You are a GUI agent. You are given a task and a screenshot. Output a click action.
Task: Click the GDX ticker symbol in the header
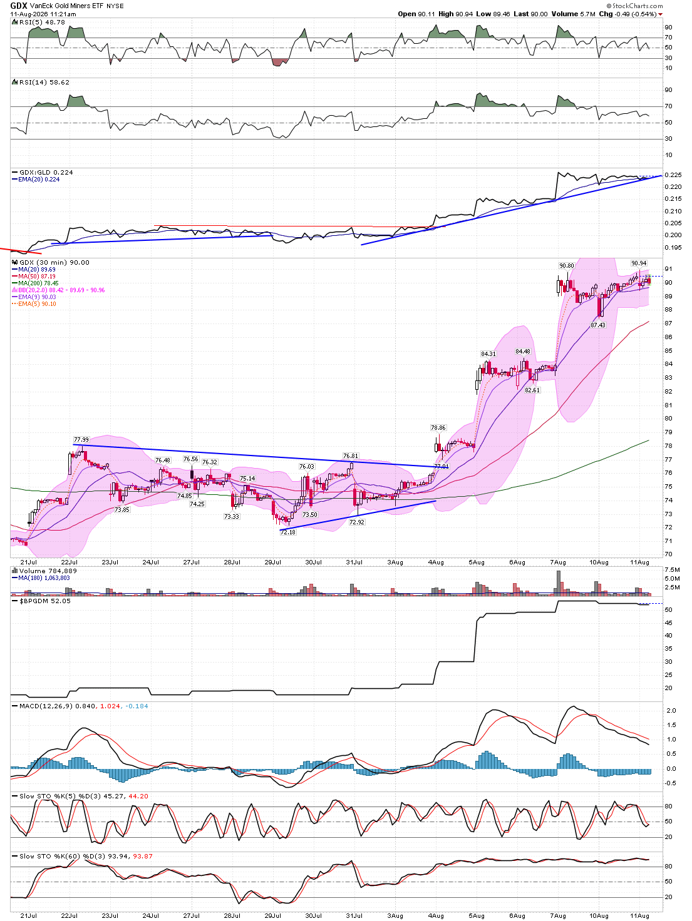pyautogui.click(x=19, y=6)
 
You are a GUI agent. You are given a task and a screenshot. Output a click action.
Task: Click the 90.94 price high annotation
pyautogui.click(x=639, y=263)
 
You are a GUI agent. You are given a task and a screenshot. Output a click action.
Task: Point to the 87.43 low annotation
pyautogui.click(x=598, y=325)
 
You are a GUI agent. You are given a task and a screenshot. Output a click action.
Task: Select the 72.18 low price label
pyautogui.click(x=287, y=532)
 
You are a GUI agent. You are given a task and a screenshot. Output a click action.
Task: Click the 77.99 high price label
pyautogui.click(x=81, y=439)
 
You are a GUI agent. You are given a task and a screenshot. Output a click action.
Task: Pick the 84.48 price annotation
pyautogui.click(x=523, y=351)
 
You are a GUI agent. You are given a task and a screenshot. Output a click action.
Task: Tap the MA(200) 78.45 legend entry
pyautogui.click(x=38, y=283)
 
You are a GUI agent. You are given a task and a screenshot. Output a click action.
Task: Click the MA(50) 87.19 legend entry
pyautogui.click(x=37, y=277)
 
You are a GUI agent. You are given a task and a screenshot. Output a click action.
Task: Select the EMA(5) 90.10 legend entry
pyautogui.click(x=37, y=304)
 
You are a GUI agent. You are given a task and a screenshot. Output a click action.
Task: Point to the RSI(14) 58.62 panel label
pyautogui.click(x=44, y=82)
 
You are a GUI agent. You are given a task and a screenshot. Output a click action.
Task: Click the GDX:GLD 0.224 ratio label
pyautogui.click(x=46, y=173)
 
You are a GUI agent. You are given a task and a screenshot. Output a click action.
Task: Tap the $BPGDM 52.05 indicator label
pyautogui.click(x=45, y=601)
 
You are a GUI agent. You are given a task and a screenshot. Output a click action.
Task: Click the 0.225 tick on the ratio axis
pyautogui.click(x=673, y=175)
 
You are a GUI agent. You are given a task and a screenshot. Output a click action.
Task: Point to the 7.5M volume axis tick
pyautogui.click(x=672, y=569)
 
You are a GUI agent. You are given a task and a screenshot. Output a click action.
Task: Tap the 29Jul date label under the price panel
pyautogui.click(x=272, y=562)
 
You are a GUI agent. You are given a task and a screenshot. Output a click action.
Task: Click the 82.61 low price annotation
pyautogui.click(x=532, y=390)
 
